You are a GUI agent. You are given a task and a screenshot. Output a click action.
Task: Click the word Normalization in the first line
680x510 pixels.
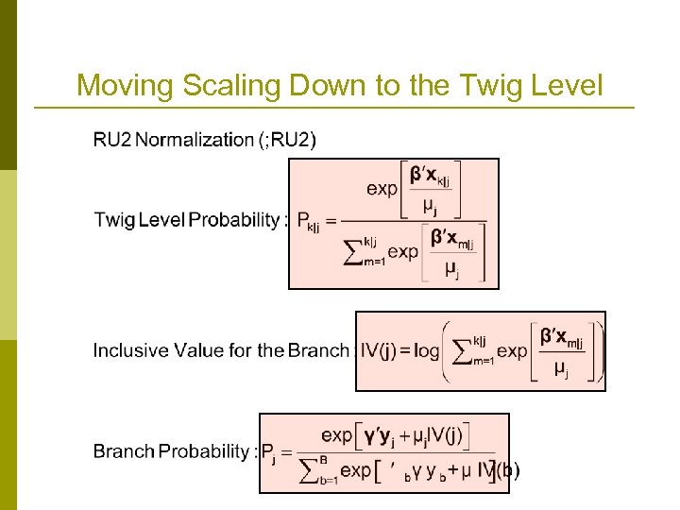(x=194, y=141)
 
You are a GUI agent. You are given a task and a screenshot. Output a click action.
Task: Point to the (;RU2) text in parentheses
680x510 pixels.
(x=288, y=141)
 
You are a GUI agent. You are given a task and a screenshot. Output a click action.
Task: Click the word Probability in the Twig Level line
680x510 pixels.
(x=234, y=221)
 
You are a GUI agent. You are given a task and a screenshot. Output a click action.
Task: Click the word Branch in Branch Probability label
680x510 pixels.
(x=123, y=450)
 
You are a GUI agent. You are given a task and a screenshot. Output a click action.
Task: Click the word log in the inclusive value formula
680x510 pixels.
(x=426, y=350)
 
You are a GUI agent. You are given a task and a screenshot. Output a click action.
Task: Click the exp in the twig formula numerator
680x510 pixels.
(x=382, y=189)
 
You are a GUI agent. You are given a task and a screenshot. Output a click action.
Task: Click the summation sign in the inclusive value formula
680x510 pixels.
(x=461, y=351)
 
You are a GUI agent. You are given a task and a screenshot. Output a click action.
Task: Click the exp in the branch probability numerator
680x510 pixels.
(x=337, y=435)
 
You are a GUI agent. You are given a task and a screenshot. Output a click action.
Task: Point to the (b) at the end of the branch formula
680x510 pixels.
(x=507, y=469)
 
